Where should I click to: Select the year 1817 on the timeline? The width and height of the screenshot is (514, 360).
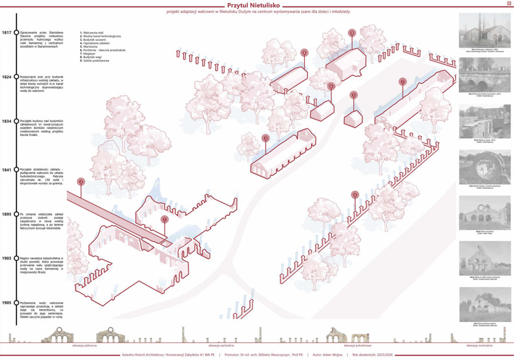pos(7,33)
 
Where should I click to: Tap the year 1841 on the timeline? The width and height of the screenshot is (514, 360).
pos(7,169)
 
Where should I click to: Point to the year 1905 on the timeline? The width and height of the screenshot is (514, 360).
pos(7,303)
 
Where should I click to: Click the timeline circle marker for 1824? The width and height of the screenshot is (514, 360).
pos(17,77)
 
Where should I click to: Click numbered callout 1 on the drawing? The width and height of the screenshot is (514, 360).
pos(165,219)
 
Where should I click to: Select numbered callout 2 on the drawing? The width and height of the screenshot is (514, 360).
pos(81,182)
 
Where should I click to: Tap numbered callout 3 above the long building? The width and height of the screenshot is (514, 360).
pos(266,138)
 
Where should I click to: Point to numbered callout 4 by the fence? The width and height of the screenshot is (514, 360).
pos(355,195)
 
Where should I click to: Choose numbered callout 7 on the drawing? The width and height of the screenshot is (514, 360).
pos(402,81)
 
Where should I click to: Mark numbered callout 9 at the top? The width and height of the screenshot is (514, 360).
pos(352,33)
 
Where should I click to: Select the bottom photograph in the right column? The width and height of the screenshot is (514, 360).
pos(485,304)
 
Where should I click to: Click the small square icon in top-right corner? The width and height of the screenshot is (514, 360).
pos(509,4)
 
